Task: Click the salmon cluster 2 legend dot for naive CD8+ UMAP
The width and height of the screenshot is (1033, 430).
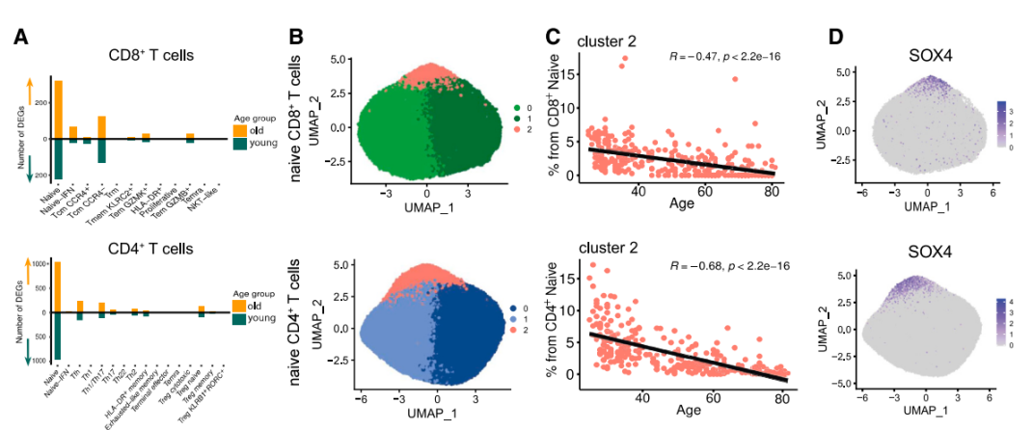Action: [x=516, y=127]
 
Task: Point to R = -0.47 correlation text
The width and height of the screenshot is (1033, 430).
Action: [x=724, y=57]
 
